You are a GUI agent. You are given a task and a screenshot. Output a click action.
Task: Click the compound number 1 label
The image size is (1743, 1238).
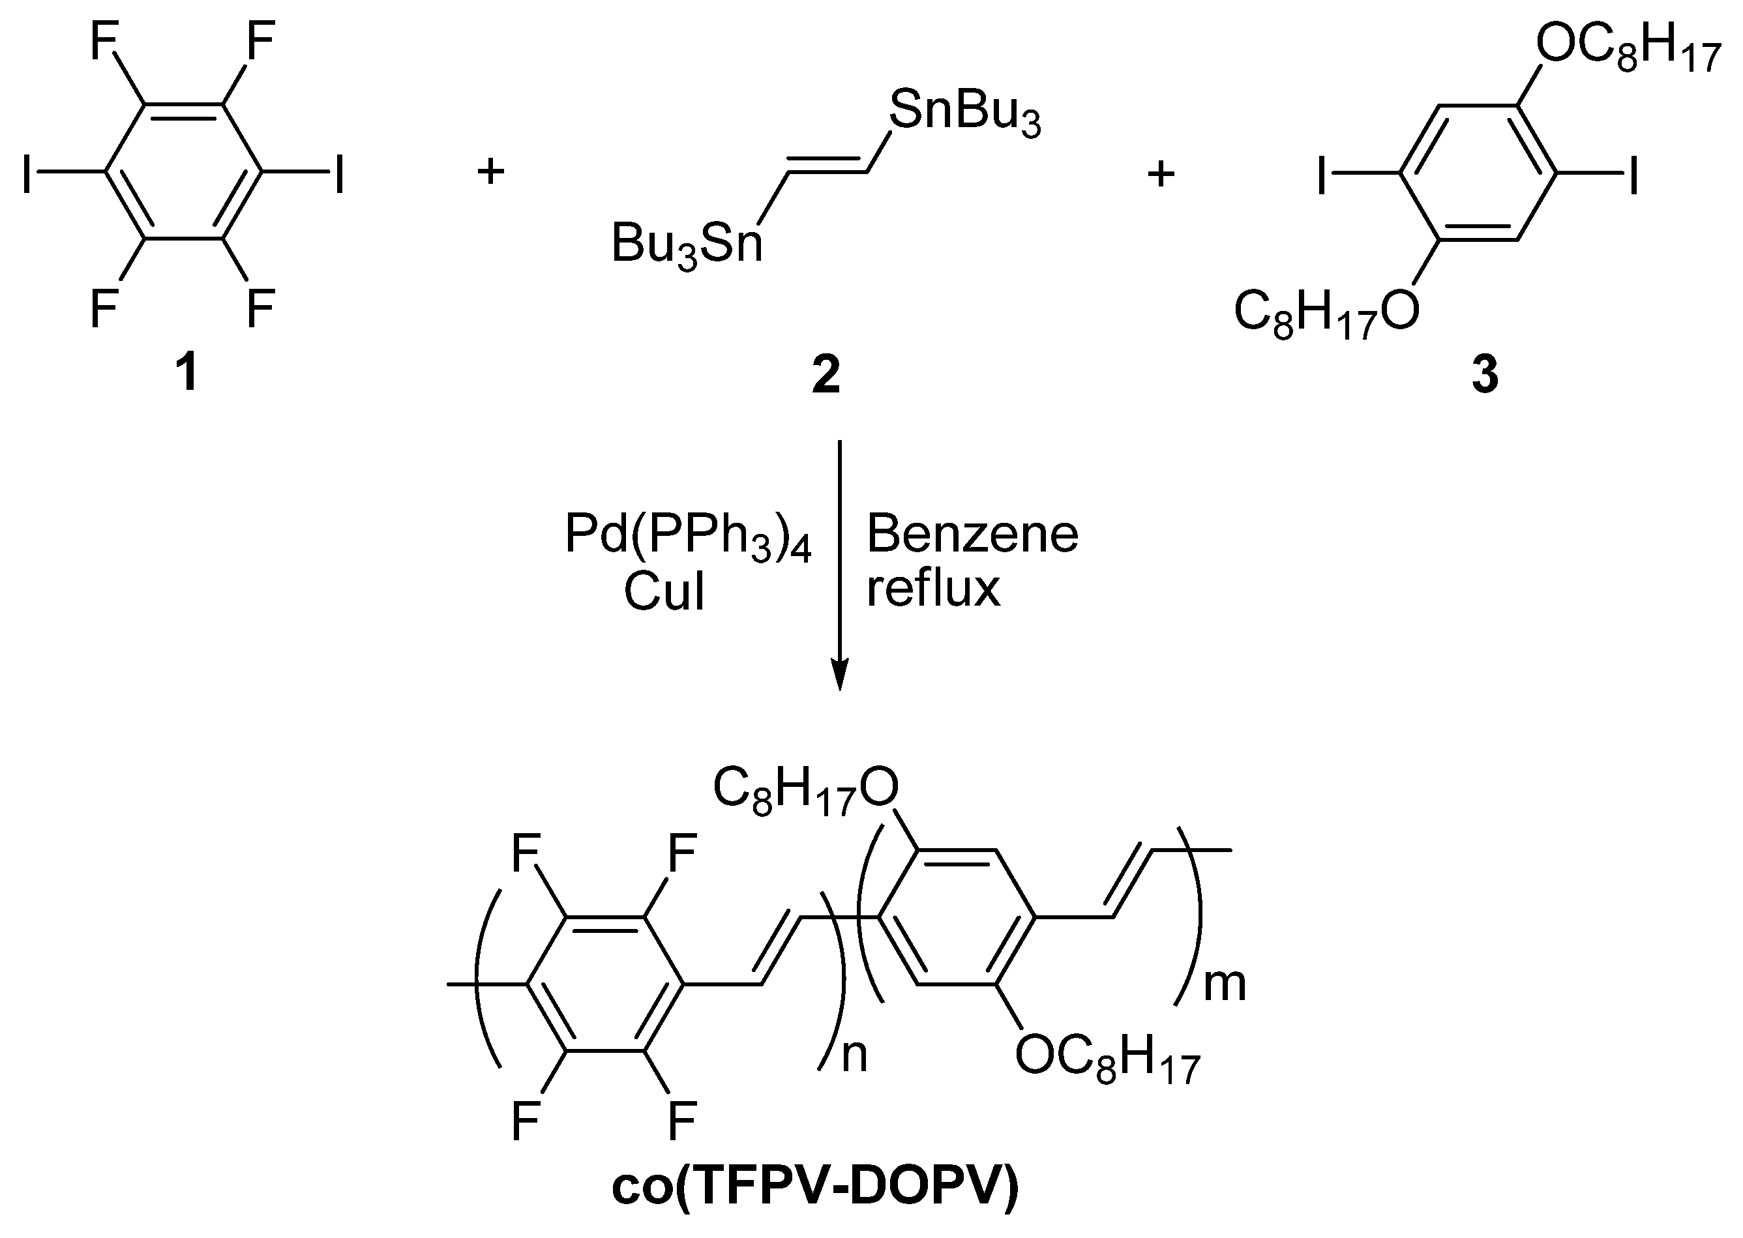pyautogui.click(x=186, y=374)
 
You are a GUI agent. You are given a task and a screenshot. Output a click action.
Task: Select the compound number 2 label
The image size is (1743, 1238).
pyautogui.click(x=826, y=375)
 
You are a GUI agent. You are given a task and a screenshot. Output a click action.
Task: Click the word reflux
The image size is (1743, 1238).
pyautogui.click(x=932, y=589)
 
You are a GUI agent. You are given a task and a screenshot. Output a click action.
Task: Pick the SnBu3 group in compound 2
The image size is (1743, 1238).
pyautogui.click(x=964, y=113)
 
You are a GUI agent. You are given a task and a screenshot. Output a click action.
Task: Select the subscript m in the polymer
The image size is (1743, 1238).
pyautogui.click(x=1224, y=983)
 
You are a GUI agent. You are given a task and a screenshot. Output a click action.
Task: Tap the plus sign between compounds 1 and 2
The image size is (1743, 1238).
pyautogui.click(x=491, y=172)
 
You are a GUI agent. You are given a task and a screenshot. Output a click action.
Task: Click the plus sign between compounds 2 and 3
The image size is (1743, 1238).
pyautogui.click(x=1161, y=175)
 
